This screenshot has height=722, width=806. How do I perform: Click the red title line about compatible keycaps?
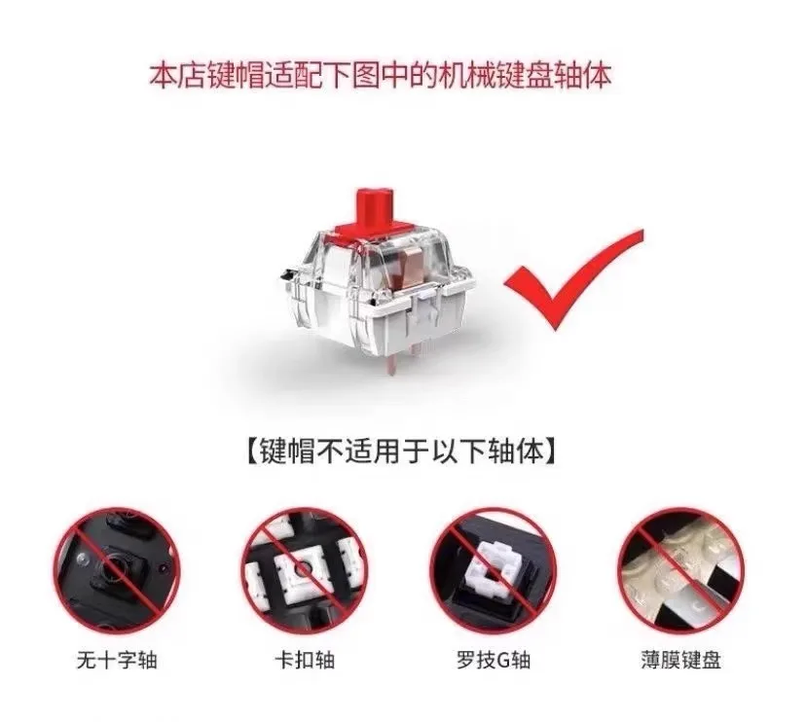coord(381,77)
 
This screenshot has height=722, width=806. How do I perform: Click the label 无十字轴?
coord(117,660)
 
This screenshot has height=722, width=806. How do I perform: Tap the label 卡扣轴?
coord(306,660)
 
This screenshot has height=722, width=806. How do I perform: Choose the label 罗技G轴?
coord(493,660)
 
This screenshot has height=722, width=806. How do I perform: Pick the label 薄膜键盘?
coord(681,660)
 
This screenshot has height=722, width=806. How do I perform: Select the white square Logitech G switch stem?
coord(491,569)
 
